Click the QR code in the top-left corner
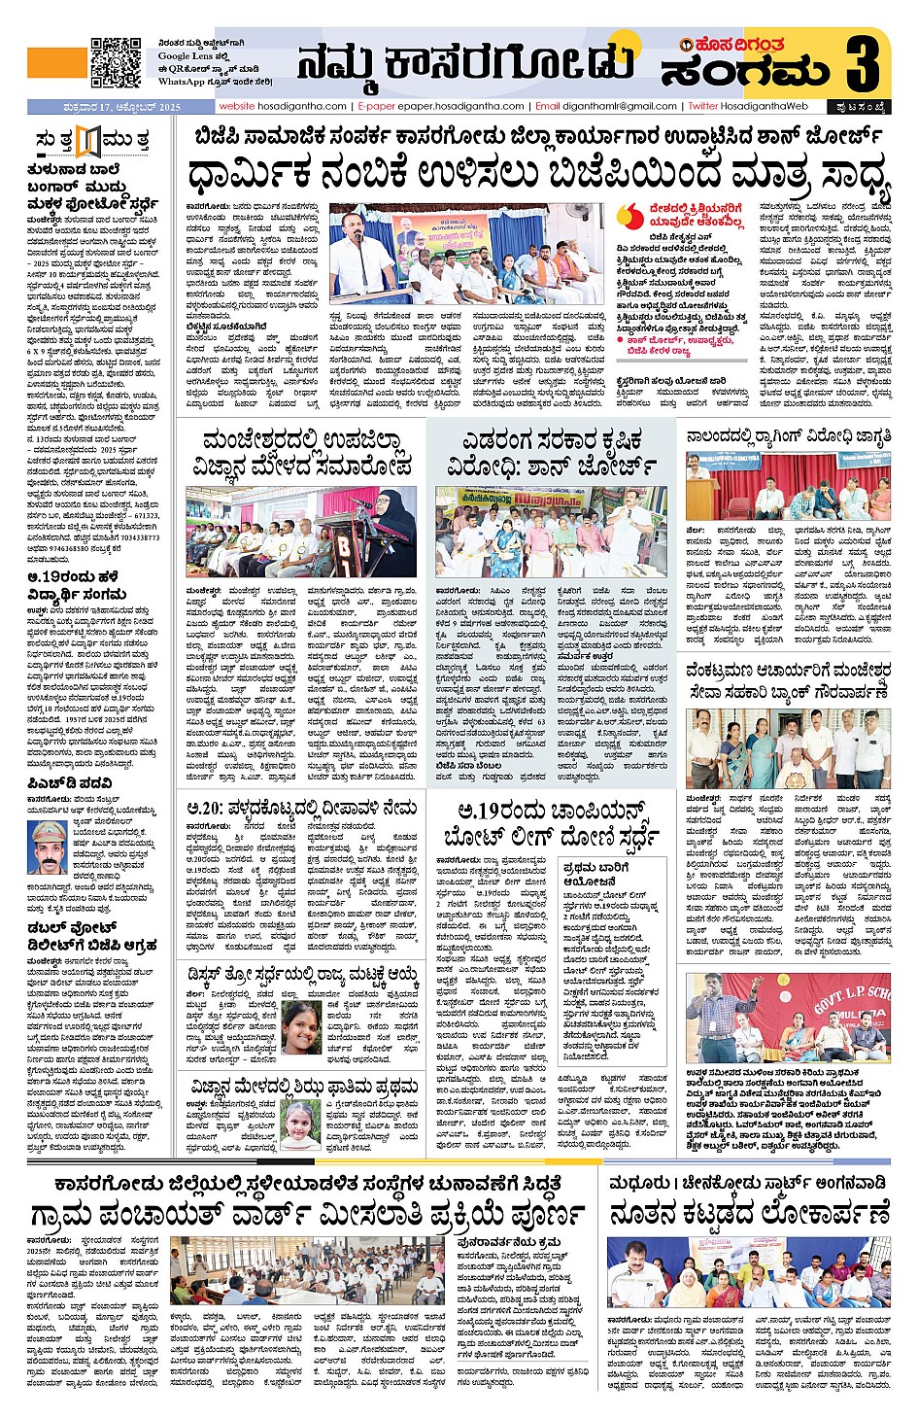(116, 62)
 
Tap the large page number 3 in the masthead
(862, 62)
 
